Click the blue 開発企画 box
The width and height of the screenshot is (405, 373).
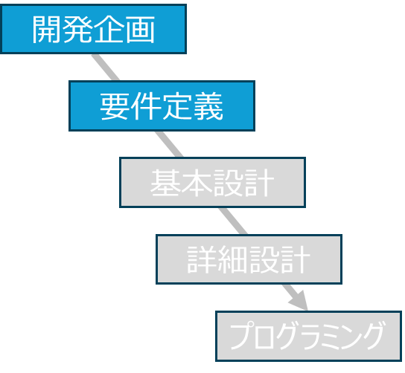(93, 29)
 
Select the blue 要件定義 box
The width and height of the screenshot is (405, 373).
(162, 106)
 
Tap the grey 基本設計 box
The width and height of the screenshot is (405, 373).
(212, 183)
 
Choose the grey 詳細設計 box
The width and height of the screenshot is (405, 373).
(249, 259)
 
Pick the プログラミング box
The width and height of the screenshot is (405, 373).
(308, 336)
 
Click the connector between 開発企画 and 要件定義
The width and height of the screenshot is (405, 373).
(106, 68)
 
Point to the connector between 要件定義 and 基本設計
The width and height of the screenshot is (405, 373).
(169, 144)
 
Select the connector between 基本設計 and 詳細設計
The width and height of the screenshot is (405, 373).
(233, 221)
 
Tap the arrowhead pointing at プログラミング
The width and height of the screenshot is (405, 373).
(299, 301)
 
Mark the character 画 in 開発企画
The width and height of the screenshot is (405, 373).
(140, 29)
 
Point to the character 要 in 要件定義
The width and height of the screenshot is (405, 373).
(115, 106)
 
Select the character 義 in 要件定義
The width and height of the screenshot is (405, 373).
(208, 106)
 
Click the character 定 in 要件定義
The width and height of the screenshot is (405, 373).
(177, 106)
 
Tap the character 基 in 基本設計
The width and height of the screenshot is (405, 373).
(165, 183)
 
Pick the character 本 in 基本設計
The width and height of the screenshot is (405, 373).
(197, 183)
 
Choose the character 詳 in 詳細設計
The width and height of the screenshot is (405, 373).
(202, 259)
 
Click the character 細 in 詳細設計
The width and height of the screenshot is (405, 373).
(233, 259)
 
